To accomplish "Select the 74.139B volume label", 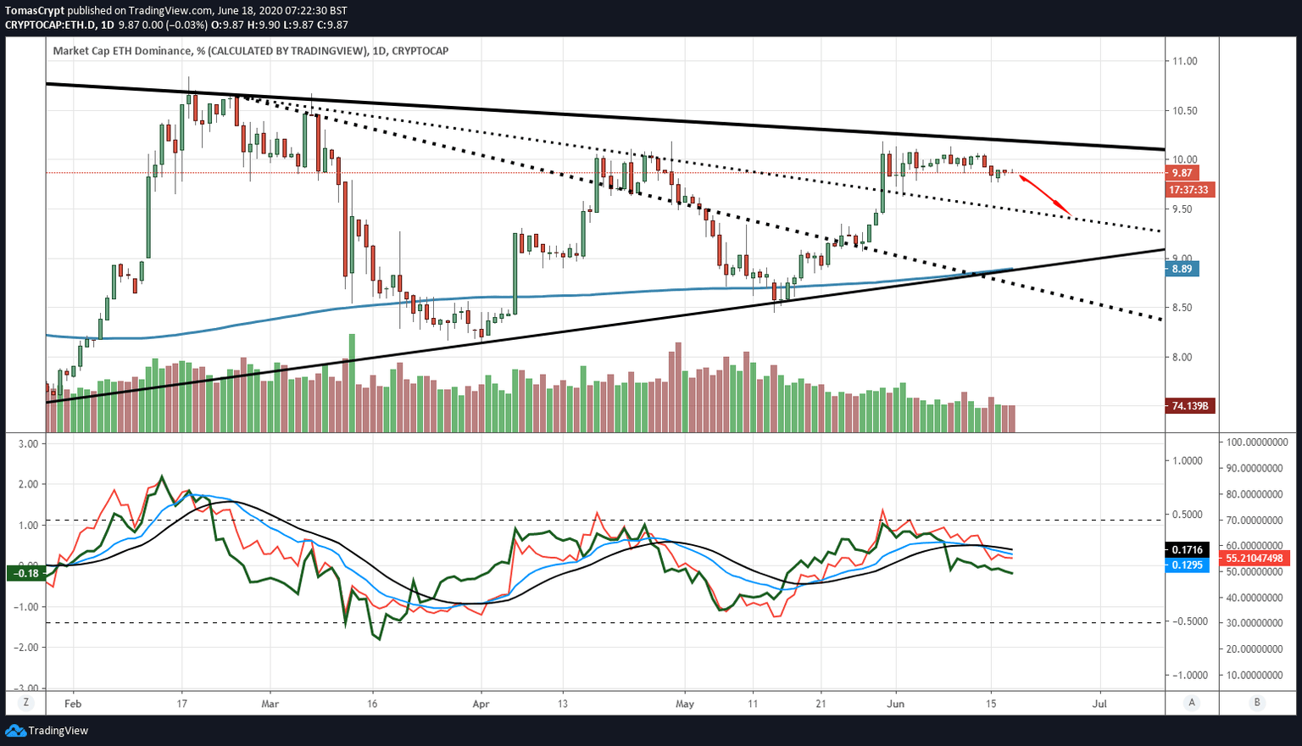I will pyautogui.click(x=1190, y=407).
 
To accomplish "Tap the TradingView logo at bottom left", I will pyautogui.click(x=47, y=731).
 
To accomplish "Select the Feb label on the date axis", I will pyautogui.click(x=73, y=704).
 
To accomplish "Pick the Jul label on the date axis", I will pyautogui.click(x=1099, y=704).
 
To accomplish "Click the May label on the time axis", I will pyautogui.click(x=685, y=704).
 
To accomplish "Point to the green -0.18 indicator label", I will pyautogui.click(x=25, y=574).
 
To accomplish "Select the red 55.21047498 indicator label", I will pyautogui.click(x=1254, y=558).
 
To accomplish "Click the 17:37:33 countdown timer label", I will pyautogui.click(x=1188, y=190).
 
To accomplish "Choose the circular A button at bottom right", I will pyautogui.click(x=1193, y=702).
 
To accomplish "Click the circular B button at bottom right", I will pyautogui.click(x=1257, y=702).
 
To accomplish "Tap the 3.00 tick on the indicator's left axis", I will pyautogui.click(x=28, y=443).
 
